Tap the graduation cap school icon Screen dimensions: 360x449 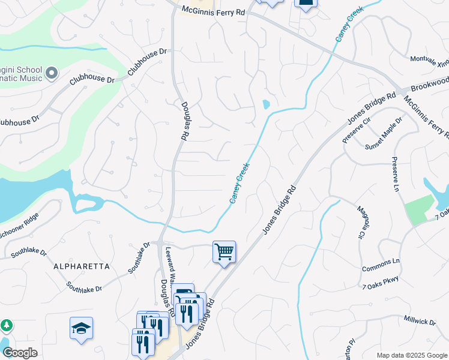pyautogui.click(x=81, y=328)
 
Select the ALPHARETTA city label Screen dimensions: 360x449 pyautogui.click(x=82, y=266)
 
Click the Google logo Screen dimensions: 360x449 pyautogui.click(x=20, y=353)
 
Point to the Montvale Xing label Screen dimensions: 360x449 pyautogui.click(x=429, y=60)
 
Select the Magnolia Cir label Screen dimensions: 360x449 pyautogui.click(x=361, y=221)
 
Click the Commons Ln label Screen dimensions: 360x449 pyautogui.click(x=381, y=262)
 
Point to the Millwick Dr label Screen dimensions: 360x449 pyautogui.click(x=420, y=322)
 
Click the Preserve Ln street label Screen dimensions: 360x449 pyautogui.click(x=396, y=175)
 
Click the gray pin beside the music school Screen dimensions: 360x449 pyautogui.click(x=51, y=73)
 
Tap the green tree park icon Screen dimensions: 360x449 pyautogui.click(x=7, y=325)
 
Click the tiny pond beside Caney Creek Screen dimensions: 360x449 pyautogui.click(x=266, y=104)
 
